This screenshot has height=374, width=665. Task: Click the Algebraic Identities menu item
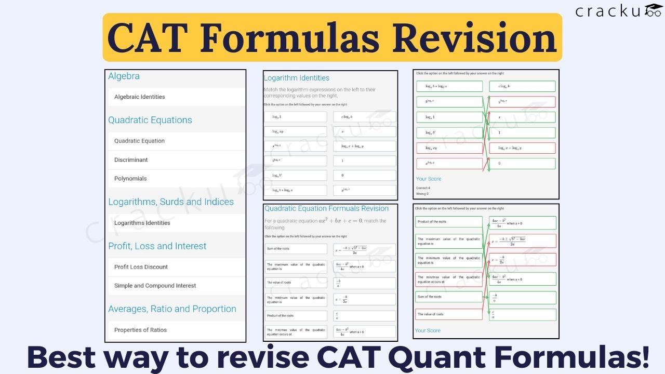pos(139,97)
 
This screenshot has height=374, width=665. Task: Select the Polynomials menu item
pos(130,179)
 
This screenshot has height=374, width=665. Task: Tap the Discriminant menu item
pos(131,160)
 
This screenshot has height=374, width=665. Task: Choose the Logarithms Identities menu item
pos(142,223)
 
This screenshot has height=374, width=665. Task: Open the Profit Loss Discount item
pos(141,267)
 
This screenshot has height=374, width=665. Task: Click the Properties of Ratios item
pos(140,330)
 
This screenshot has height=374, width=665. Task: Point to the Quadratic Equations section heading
pos(150,120)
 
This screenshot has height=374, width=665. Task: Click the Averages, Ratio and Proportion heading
pos(172,309)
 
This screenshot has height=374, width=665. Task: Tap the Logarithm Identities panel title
pos(296,78)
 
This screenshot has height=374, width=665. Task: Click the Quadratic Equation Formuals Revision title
pos(326,208)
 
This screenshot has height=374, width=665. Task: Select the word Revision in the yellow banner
pos(474,38)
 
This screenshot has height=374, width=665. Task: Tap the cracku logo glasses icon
pos(653,10)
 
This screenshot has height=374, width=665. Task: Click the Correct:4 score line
pos(423,188)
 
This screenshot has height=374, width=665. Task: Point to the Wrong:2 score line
pos(423,194)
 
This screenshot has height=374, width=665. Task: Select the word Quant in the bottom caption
pos(434,358)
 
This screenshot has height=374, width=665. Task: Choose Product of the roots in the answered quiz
pos(432,222)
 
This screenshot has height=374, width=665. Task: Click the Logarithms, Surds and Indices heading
pos(171,202)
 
